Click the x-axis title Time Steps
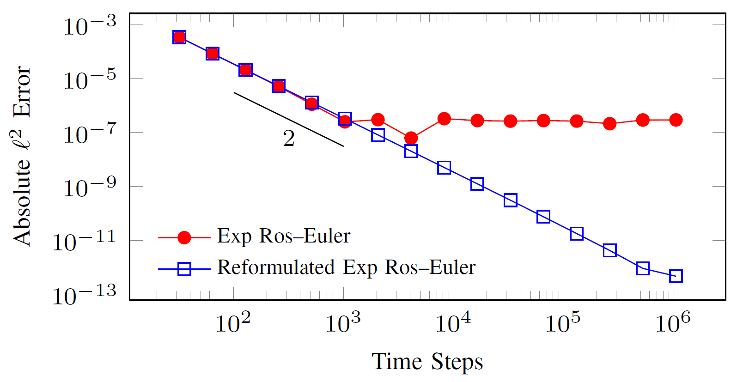pyautogui.click(x=427, y=361)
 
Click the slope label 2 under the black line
pyautogui.click(x=289, y=138)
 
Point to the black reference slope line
pyautogui.click(x=288, y=119)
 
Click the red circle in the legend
pyautogui.click(x=184, y=237)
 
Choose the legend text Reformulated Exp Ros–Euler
pyautogui.click(x=346, y=267)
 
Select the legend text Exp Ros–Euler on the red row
pyautogui.click(x=284, y=236)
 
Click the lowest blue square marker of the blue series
pyautogui.click(x=676, y=276)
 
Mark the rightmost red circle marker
pyautogui.click(x=676, y=120)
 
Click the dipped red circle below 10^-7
pyautogui.click(x=411, y=138)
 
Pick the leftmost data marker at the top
pyautogui.click(x=179, y=37)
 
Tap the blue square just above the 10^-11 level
pyautogui.click(x=576, y=234)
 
